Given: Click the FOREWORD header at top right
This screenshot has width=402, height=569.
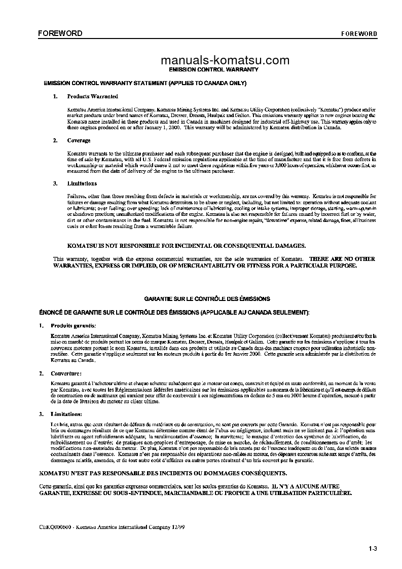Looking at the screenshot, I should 359,34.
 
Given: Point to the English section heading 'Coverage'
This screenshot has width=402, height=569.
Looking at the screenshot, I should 79,140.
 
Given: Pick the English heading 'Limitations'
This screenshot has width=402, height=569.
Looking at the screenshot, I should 82,183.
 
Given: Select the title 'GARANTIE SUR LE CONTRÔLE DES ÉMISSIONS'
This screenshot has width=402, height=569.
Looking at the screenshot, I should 207,299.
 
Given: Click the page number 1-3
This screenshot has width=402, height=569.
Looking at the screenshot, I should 374,548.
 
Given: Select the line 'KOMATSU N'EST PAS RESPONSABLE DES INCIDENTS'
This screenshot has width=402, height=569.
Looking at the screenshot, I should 163,473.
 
